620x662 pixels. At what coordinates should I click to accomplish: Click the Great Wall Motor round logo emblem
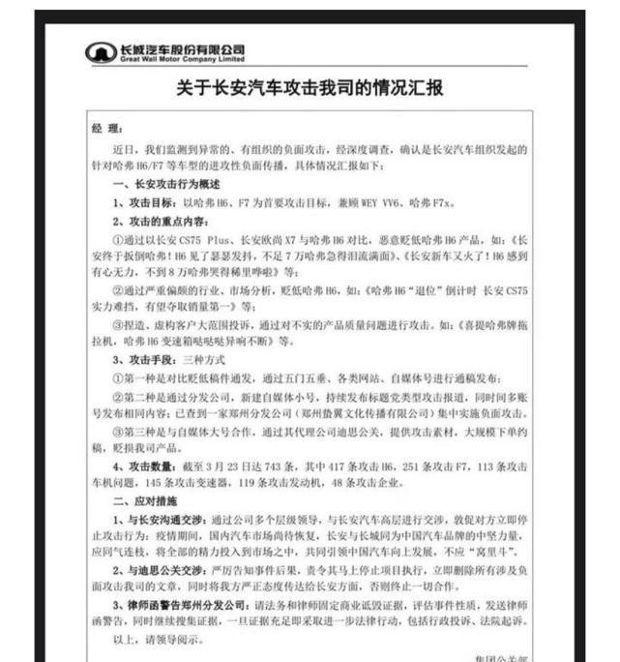point(101,51)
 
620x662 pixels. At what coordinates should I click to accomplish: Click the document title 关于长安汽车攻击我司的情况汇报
point(310,88)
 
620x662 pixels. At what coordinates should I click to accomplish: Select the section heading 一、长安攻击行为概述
point(166,184)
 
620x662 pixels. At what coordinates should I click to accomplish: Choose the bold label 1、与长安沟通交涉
point(159,520)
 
